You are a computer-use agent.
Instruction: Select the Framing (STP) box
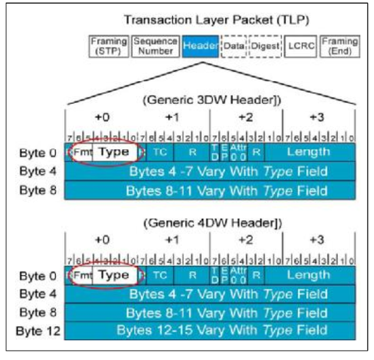point(109,45)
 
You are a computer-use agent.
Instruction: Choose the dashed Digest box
point(266,45)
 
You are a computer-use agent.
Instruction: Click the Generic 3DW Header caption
point(209,100)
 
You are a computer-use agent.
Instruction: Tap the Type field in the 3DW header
point(114,152)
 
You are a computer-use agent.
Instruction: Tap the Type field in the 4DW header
point(114,275)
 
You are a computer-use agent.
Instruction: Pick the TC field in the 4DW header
point(160,275)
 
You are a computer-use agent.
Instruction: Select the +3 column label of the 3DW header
point(319,117)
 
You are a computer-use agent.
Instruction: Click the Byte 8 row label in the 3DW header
point(43,189)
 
